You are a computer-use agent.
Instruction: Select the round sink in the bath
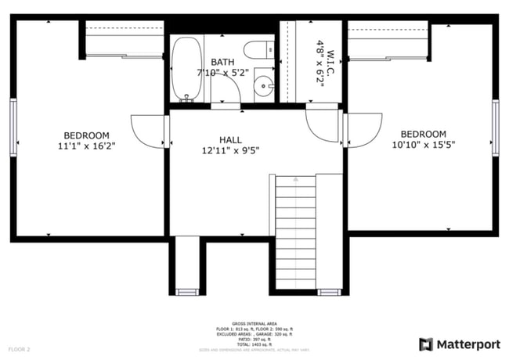click(x=265, y=88)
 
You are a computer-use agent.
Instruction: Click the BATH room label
click(x=222, y=63)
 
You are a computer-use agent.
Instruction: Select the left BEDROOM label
click(x=86, y=135)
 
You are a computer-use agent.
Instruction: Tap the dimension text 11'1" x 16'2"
click(x=86, y=146)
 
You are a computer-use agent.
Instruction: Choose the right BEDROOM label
click(x=424, y=135)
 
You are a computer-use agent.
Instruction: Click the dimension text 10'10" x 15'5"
click(x=424, y=145)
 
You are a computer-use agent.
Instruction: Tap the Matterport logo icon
click(x=427, y=344)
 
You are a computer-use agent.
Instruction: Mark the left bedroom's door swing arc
click(x=147, y=129)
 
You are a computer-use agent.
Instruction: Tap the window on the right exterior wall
click(x=496, y=127)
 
